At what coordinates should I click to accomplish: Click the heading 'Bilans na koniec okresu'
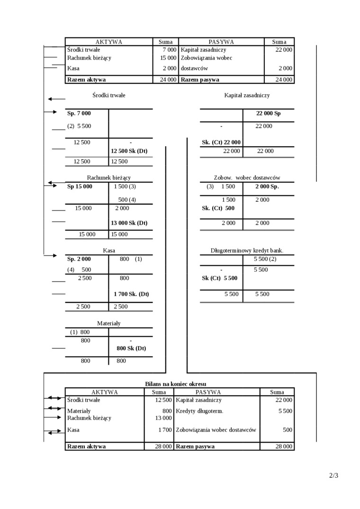pos(175,384)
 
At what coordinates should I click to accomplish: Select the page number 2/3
pos(333,475)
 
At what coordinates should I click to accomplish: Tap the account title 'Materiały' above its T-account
pos(109,323)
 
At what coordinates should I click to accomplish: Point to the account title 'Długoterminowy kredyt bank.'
pos(247,250)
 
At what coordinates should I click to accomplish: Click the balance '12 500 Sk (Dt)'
pos(129,151)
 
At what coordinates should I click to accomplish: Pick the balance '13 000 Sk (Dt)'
pos(129,223)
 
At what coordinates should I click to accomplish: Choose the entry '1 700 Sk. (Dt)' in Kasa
pos(131,294)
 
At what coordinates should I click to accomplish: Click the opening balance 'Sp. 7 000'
pos(79,113)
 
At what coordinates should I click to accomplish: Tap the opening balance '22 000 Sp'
pos(268,114)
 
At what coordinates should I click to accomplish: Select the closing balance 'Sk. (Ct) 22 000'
pos(221,142)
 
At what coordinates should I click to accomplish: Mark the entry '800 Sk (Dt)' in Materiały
pos(131,348)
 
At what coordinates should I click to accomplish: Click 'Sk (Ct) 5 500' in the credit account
pos(219,278)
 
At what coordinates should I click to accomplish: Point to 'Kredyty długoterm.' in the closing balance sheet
pos(199,411)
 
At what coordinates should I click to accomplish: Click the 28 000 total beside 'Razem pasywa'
pos(283,446)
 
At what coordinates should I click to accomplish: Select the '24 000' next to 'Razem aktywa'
pos(168,80)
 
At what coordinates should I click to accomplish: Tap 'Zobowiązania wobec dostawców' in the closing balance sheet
pos(216,430)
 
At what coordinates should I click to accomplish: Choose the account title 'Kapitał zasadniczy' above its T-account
pos(247,95)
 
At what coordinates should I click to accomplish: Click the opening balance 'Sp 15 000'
pos(80,187)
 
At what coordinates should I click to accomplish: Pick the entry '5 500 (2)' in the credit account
pos(265,259)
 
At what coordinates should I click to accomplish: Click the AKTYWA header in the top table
pos(109,42)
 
